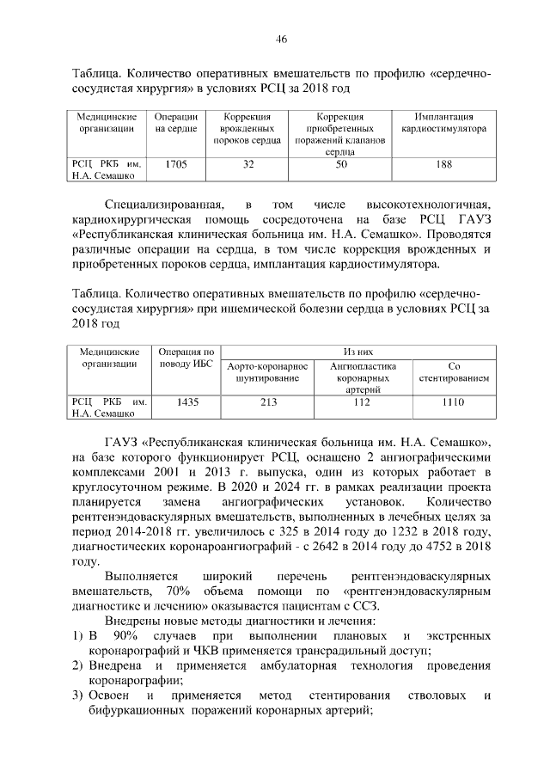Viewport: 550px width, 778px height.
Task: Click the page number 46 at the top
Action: pyautogui.click(x=282, y=40)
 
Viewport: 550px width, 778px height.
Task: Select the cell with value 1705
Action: pyautogui.click(x=177, y=163)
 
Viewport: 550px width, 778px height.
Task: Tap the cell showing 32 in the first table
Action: pyautogui.click(x=248, y=163)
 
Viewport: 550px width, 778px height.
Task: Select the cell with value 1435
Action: pyautogui.click(x=186, y=401)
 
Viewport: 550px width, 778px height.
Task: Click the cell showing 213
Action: pyautogui.click(x=269, y=401)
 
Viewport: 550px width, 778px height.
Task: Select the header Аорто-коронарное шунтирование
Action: pyautogui.click(x=269, y=372)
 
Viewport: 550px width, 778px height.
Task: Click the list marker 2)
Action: pyautogui.click(x=76, y=665)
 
